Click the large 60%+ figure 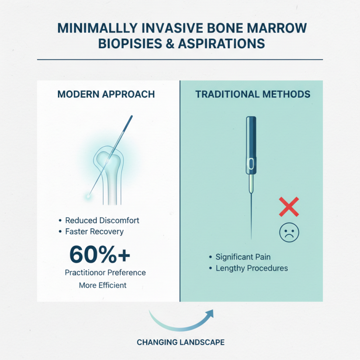pos(100,254)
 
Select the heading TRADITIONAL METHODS pos(252,94)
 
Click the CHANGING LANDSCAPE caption pos(180,342)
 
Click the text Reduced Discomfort pos(102,220)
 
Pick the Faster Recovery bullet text pos(94,232)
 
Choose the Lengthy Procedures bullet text pos(252,268)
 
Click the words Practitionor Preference pos(105,273)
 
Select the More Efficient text pos(103,285)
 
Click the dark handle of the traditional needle pos(251,144)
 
